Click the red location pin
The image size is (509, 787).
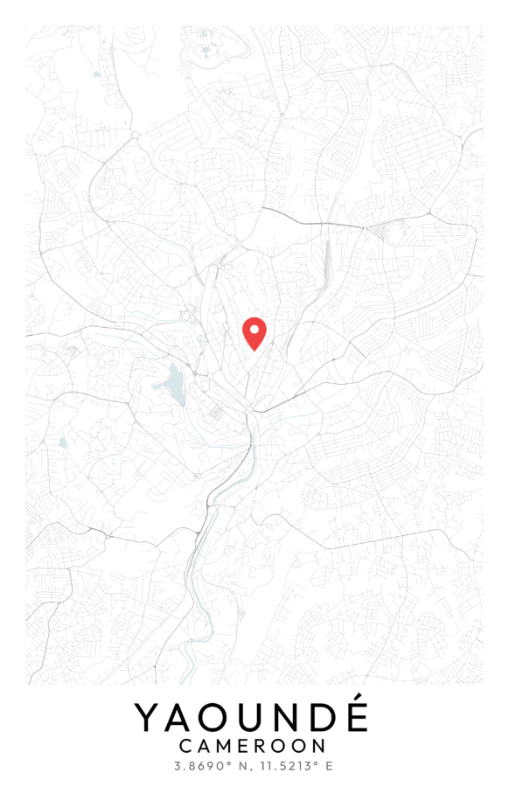tap(254, 332)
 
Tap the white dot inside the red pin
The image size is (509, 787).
tap(254, 330)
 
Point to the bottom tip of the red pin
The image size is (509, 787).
tap(254, 351)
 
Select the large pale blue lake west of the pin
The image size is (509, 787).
tap(173, 384)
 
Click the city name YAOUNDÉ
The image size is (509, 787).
tap(252, 718)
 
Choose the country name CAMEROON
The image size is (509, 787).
tap(252, 747)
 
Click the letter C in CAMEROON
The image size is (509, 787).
tap(185, 747)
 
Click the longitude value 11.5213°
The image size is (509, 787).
tap(285, 767)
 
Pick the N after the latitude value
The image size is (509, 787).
tap(235, 767)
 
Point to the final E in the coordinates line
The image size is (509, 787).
tap(329, 767)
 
